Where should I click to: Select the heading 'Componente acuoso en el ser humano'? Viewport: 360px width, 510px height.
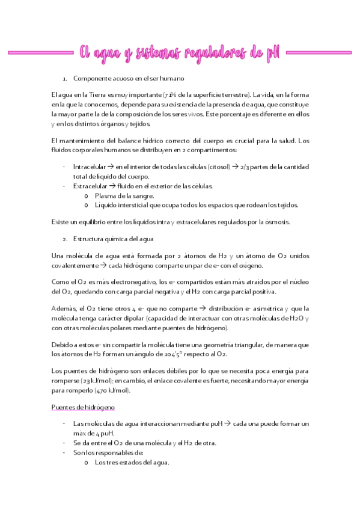pos(128,79)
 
